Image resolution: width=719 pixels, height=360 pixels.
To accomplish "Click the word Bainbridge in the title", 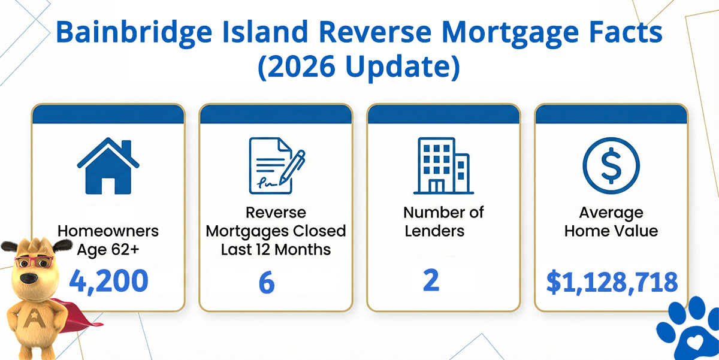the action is (x=134, y=33).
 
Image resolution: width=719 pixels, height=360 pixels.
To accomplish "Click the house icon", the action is (x=108, y=166).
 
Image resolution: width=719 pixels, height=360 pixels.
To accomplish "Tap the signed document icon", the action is (x=277, y=165).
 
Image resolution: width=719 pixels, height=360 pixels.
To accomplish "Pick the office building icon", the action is (x=443, y=166).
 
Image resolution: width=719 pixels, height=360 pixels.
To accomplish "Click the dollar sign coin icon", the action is (x=611, y=165).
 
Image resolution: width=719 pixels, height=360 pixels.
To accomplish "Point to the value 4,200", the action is (x=108, y=281).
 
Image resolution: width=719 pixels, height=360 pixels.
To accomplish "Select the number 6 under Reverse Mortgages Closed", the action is (x=267, y=282).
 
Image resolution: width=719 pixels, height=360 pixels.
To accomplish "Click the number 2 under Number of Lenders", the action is (x=431, y=280).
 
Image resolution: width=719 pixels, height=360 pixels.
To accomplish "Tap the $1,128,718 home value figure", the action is (x=612, y=282).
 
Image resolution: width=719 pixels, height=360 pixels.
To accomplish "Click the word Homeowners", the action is (x=108, y=231).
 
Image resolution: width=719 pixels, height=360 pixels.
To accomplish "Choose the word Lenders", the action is (x=434, y=231).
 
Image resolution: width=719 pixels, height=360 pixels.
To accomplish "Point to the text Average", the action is (x=611, y=213).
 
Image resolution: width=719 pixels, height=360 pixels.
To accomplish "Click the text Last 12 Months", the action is (x=276, y=250).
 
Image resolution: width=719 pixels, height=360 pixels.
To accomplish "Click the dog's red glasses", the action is (x=34, y=262).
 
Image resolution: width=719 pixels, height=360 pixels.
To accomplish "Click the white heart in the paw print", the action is (x=694, y=343).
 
